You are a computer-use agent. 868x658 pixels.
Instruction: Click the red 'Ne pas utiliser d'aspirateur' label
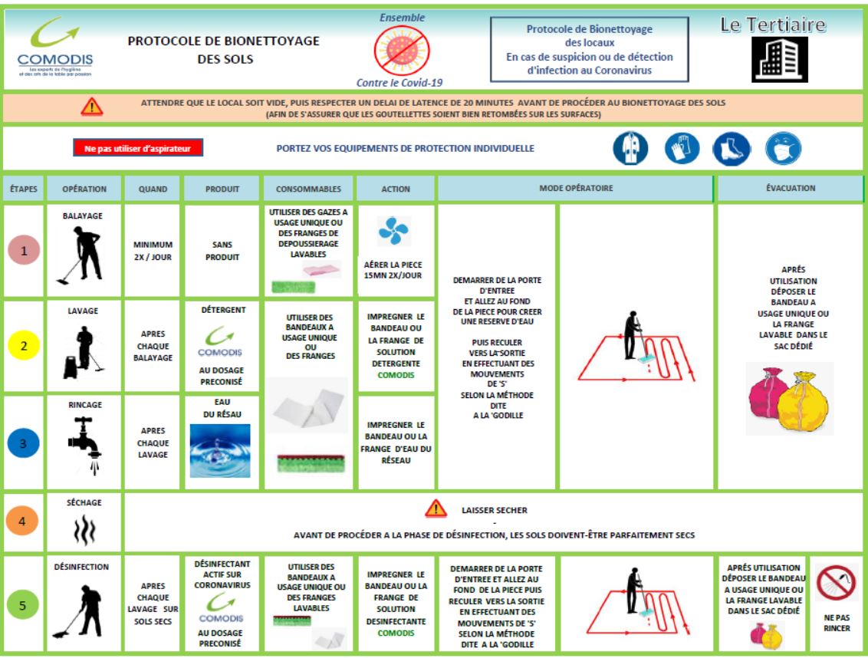pos(138,148)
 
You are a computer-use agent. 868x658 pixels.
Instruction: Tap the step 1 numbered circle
pos(24,252)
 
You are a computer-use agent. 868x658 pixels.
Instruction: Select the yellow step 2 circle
pos(24,346)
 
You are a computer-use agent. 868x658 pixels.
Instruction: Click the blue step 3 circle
pos(24,443)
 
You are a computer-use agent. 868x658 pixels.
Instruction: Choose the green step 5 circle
pos(24,605)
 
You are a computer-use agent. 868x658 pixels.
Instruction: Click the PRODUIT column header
pos(222,189)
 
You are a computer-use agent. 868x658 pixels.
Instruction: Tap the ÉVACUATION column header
pos(790,188)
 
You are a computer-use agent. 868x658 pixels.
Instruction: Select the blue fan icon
pos(394,231)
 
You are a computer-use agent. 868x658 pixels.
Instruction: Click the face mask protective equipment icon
pos(782,149)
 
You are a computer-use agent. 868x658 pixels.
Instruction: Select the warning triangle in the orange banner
pos(92,107)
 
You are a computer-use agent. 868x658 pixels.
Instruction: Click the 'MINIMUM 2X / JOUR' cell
pos(153,251)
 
